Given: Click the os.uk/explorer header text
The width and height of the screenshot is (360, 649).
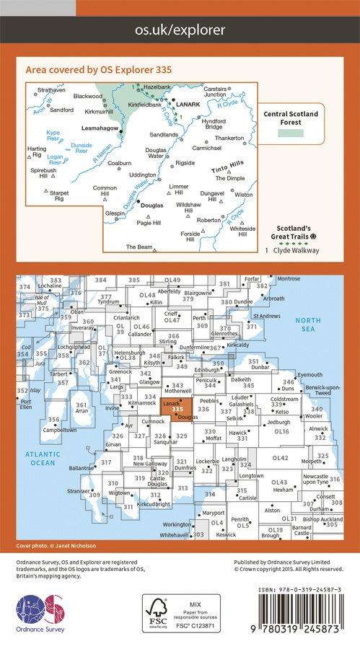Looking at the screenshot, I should [180, 30].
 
